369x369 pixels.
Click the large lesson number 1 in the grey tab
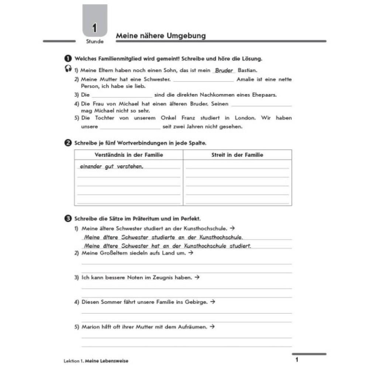coord(95,28)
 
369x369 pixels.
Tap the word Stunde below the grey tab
coord(95,42)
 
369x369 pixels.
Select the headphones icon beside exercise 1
coord(68,69)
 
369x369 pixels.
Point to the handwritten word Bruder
coord(224,70)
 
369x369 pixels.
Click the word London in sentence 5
coord(245,118)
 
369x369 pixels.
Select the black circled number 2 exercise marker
coord(68,143)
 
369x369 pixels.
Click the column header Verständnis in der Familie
coord(129,155)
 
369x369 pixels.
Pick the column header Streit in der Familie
coord(237,155)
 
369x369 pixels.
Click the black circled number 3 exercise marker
coord(68,218)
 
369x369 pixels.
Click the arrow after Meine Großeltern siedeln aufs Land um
coord(191,253)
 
